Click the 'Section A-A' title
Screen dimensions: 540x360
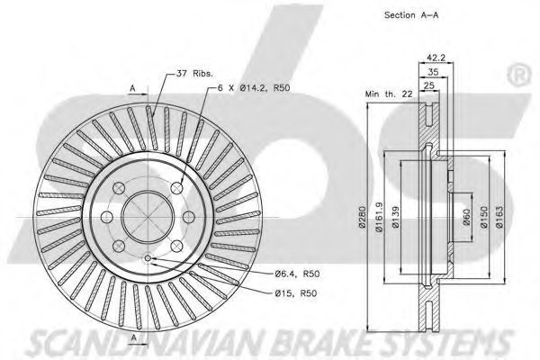pos(411,14)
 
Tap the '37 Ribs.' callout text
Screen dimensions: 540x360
pos(194,74)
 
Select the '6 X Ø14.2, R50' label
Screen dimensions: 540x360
pos(254,88)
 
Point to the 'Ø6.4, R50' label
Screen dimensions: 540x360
pos(297,274)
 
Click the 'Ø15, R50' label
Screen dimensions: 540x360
pos(296,293)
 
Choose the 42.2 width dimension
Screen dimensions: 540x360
pos(436,58)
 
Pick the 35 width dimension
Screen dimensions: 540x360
pos(433,72)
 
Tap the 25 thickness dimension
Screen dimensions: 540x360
pos(428,85)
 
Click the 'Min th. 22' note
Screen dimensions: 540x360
pos(389,94)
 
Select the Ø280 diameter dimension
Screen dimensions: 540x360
pos(362,217)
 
